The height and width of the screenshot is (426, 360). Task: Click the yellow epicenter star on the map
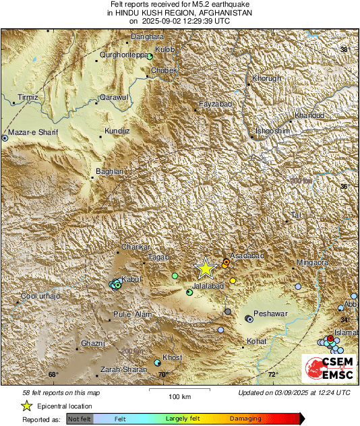[x=205, y=268]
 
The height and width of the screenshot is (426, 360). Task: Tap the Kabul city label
[x=131, y=280]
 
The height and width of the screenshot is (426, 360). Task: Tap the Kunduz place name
[x=117, y=131]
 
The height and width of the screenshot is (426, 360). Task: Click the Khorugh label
[x=266, y=79]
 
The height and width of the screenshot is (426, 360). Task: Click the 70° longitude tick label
[x=162, y=375]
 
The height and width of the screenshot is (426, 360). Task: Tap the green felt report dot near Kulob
[x=150, y=57]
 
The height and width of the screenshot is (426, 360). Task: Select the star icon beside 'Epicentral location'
[x=26, y=406]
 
